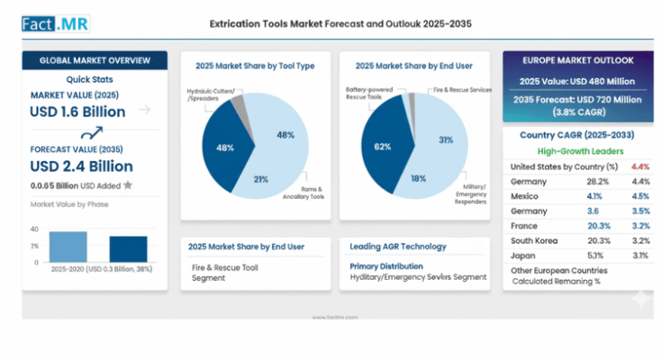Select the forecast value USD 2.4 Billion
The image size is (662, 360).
click(81, 166)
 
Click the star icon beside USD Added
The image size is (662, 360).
click(128, 185)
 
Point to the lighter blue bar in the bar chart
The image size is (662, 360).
click(68, 246)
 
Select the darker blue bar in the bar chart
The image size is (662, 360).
click(128, 248)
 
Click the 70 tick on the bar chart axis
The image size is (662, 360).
click(34, 229)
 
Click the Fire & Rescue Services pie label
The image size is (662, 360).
click(462, 90)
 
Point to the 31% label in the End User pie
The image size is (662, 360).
click(445, 139)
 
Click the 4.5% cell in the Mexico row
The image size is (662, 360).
click(640, 196)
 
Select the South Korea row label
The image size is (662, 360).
click(534, 240)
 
